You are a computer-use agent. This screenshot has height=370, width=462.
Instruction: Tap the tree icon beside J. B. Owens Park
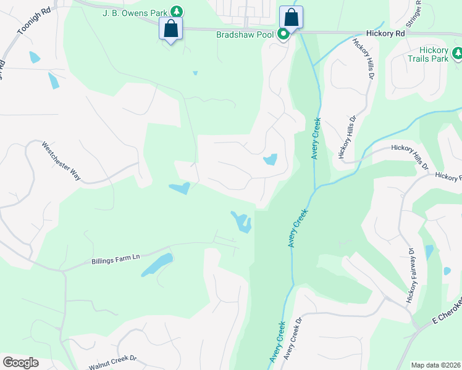click(x=177, y=11)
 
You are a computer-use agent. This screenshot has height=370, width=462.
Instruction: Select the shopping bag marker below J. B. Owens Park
click(x=170, y=28)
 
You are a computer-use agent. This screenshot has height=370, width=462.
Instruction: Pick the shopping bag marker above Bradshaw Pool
click(x=290, y=17)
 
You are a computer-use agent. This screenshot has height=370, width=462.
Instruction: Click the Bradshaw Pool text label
click(x=245, y=35)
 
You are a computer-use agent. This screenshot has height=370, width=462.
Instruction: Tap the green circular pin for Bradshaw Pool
click(x=283, y=35)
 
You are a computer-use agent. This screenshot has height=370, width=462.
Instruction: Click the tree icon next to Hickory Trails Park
click(x=458, y=55)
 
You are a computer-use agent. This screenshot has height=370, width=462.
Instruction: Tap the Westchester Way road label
click(x=61, y=162)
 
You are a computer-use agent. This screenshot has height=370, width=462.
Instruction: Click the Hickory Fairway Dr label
click(x=411, y=275)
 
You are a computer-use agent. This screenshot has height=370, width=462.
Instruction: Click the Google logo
click(x=20, y=363)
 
